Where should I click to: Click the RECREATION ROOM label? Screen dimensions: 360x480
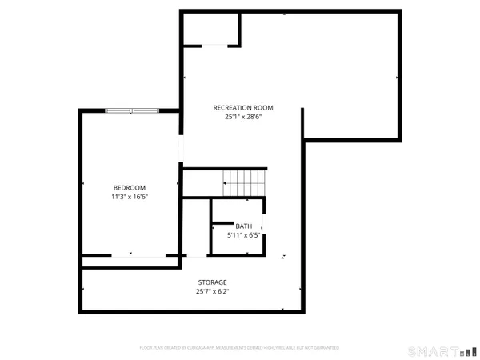tap(243, 107)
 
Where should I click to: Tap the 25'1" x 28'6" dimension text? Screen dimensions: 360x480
tap(243, 117)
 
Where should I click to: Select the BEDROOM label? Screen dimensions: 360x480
tap(130, 187)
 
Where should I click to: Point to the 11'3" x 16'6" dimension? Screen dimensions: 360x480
tap(130, 197)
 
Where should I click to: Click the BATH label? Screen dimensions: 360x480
tap(243, 226)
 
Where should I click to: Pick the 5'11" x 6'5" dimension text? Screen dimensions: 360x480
tap(243, 235)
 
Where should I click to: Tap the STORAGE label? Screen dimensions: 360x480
tap(213, 282)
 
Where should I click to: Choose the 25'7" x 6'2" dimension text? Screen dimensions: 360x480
tap(213, 292)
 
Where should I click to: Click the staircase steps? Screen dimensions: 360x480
tap(244, 182)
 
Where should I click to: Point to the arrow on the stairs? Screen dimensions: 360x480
tap(227, 184)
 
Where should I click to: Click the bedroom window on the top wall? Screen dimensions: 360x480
tap(132, 110)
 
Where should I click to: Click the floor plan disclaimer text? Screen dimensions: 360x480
tap(240, 348)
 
